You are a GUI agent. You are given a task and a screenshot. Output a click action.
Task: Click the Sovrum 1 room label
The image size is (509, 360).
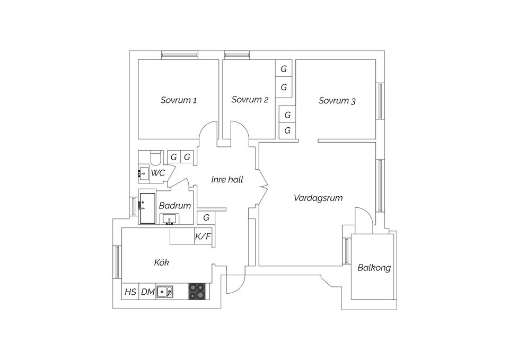coord(179,100)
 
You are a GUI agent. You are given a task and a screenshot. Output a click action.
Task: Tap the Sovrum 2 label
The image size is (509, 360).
coord(250,99)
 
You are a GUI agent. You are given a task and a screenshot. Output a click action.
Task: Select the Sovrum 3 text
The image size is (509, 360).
coord(337,101)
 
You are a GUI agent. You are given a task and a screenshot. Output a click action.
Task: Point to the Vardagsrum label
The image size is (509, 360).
coord(318,198)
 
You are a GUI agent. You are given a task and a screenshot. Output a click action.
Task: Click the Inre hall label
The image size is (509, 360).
coord(227,180)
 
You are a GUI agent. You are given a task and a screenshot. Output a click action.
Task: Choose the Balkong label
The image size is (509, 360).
coord(374,268)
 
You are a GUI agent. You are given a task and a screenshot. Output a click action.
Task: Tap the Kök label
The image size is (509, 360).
coord(162,262)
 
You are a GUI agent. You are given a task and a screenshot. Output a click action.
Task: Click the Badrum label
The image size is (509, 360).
coord(175,206)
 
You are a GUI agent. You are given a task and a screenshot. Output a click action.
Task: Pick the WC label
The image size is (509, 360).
coord(158,173)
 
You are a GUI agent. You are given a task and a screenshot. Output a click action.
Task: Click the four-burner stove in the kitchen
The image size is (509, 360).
coord(197,291)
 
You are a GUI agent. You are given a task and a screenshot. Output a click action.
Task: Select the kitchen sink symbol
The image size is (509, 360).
coord(165,292)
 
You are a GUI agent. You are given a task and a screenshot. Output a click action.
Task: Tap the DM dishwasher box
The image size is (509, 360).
coord(147,292)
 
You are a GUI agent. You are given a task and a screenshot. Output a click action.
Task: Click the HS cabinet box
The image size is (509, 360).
coord(130,292)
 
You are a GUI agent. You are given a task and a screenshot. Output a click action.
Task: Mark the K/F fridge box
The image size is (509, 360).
coord(203,236)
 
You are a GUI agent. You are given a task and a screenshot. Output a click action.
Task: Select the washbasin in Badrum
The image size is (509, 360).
coord(169,219)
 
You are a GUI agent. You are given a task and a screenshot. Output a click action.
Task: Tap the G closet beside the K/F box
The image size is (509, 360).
coord(206,217)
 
